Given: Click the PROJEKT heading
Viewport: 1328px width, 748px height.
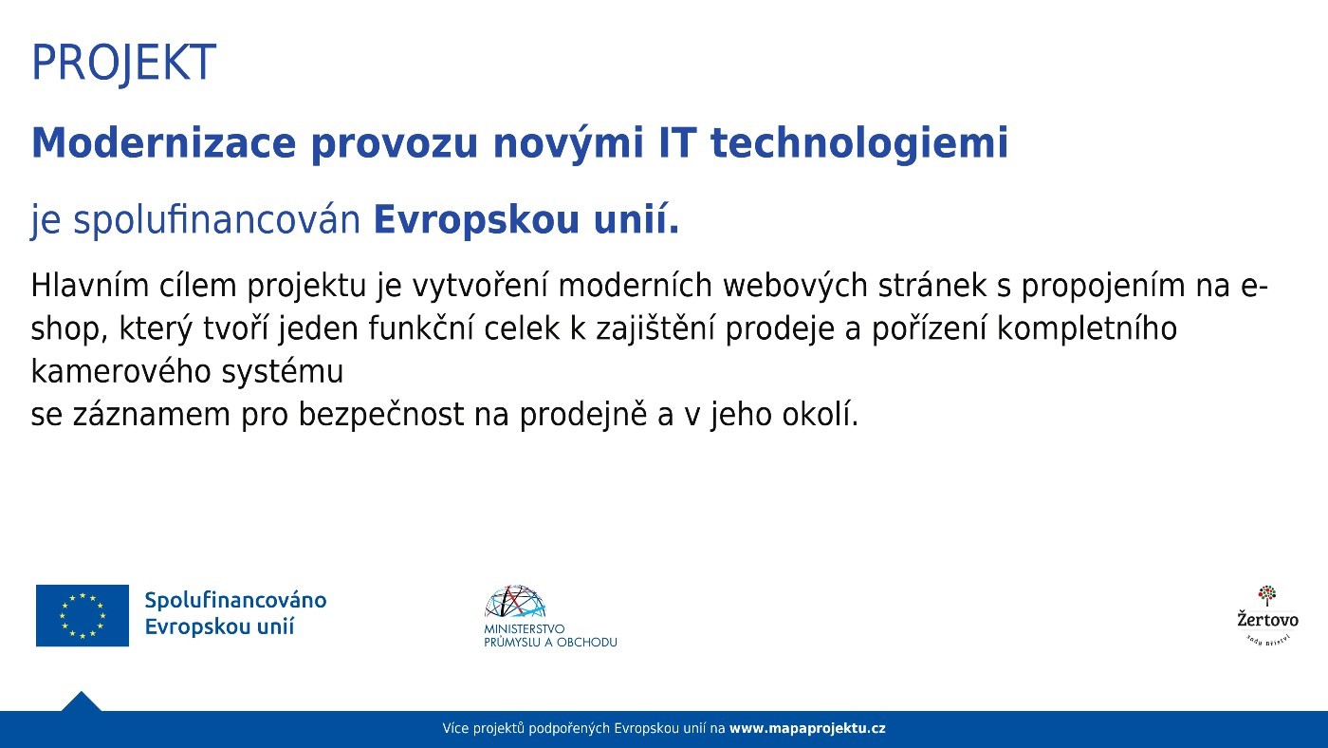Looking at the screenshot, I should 123,63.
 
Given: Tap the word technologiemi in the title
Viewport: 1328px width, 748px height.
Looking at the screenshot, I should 859,144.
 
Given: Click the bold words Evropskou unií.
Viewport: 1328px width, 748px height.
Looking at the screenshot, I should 526,220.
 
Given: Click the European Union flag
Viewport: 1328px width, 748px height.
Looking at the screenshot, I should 83,615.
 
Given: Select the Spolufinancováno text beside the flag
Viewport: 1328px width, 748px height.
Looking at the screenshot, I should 235,601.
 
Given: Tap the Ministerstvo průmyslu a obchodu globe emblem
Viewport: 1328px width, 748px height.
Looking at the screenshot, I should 515,603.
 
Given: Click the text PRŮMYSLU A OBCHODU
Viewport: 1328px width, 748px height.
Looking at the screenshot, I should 550,643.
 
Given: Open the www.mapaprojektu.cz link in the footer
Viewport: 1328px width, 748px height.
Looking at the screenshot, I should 807,729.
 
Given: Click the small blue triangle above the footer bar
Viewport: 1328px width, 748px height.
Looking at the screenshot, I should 81,701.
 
